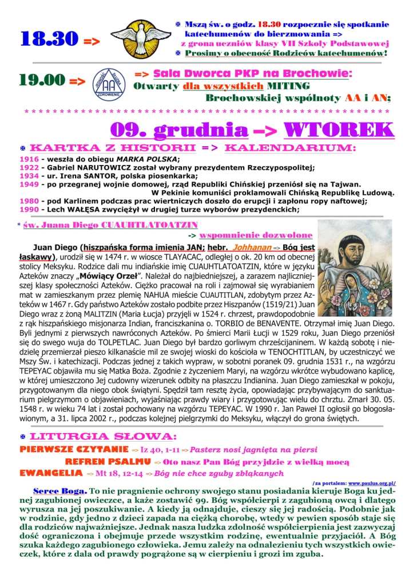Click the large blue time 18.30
coord(48,39)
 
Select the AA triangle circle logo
coord(109,82)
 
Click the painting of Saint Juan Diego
coord(355,268)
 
